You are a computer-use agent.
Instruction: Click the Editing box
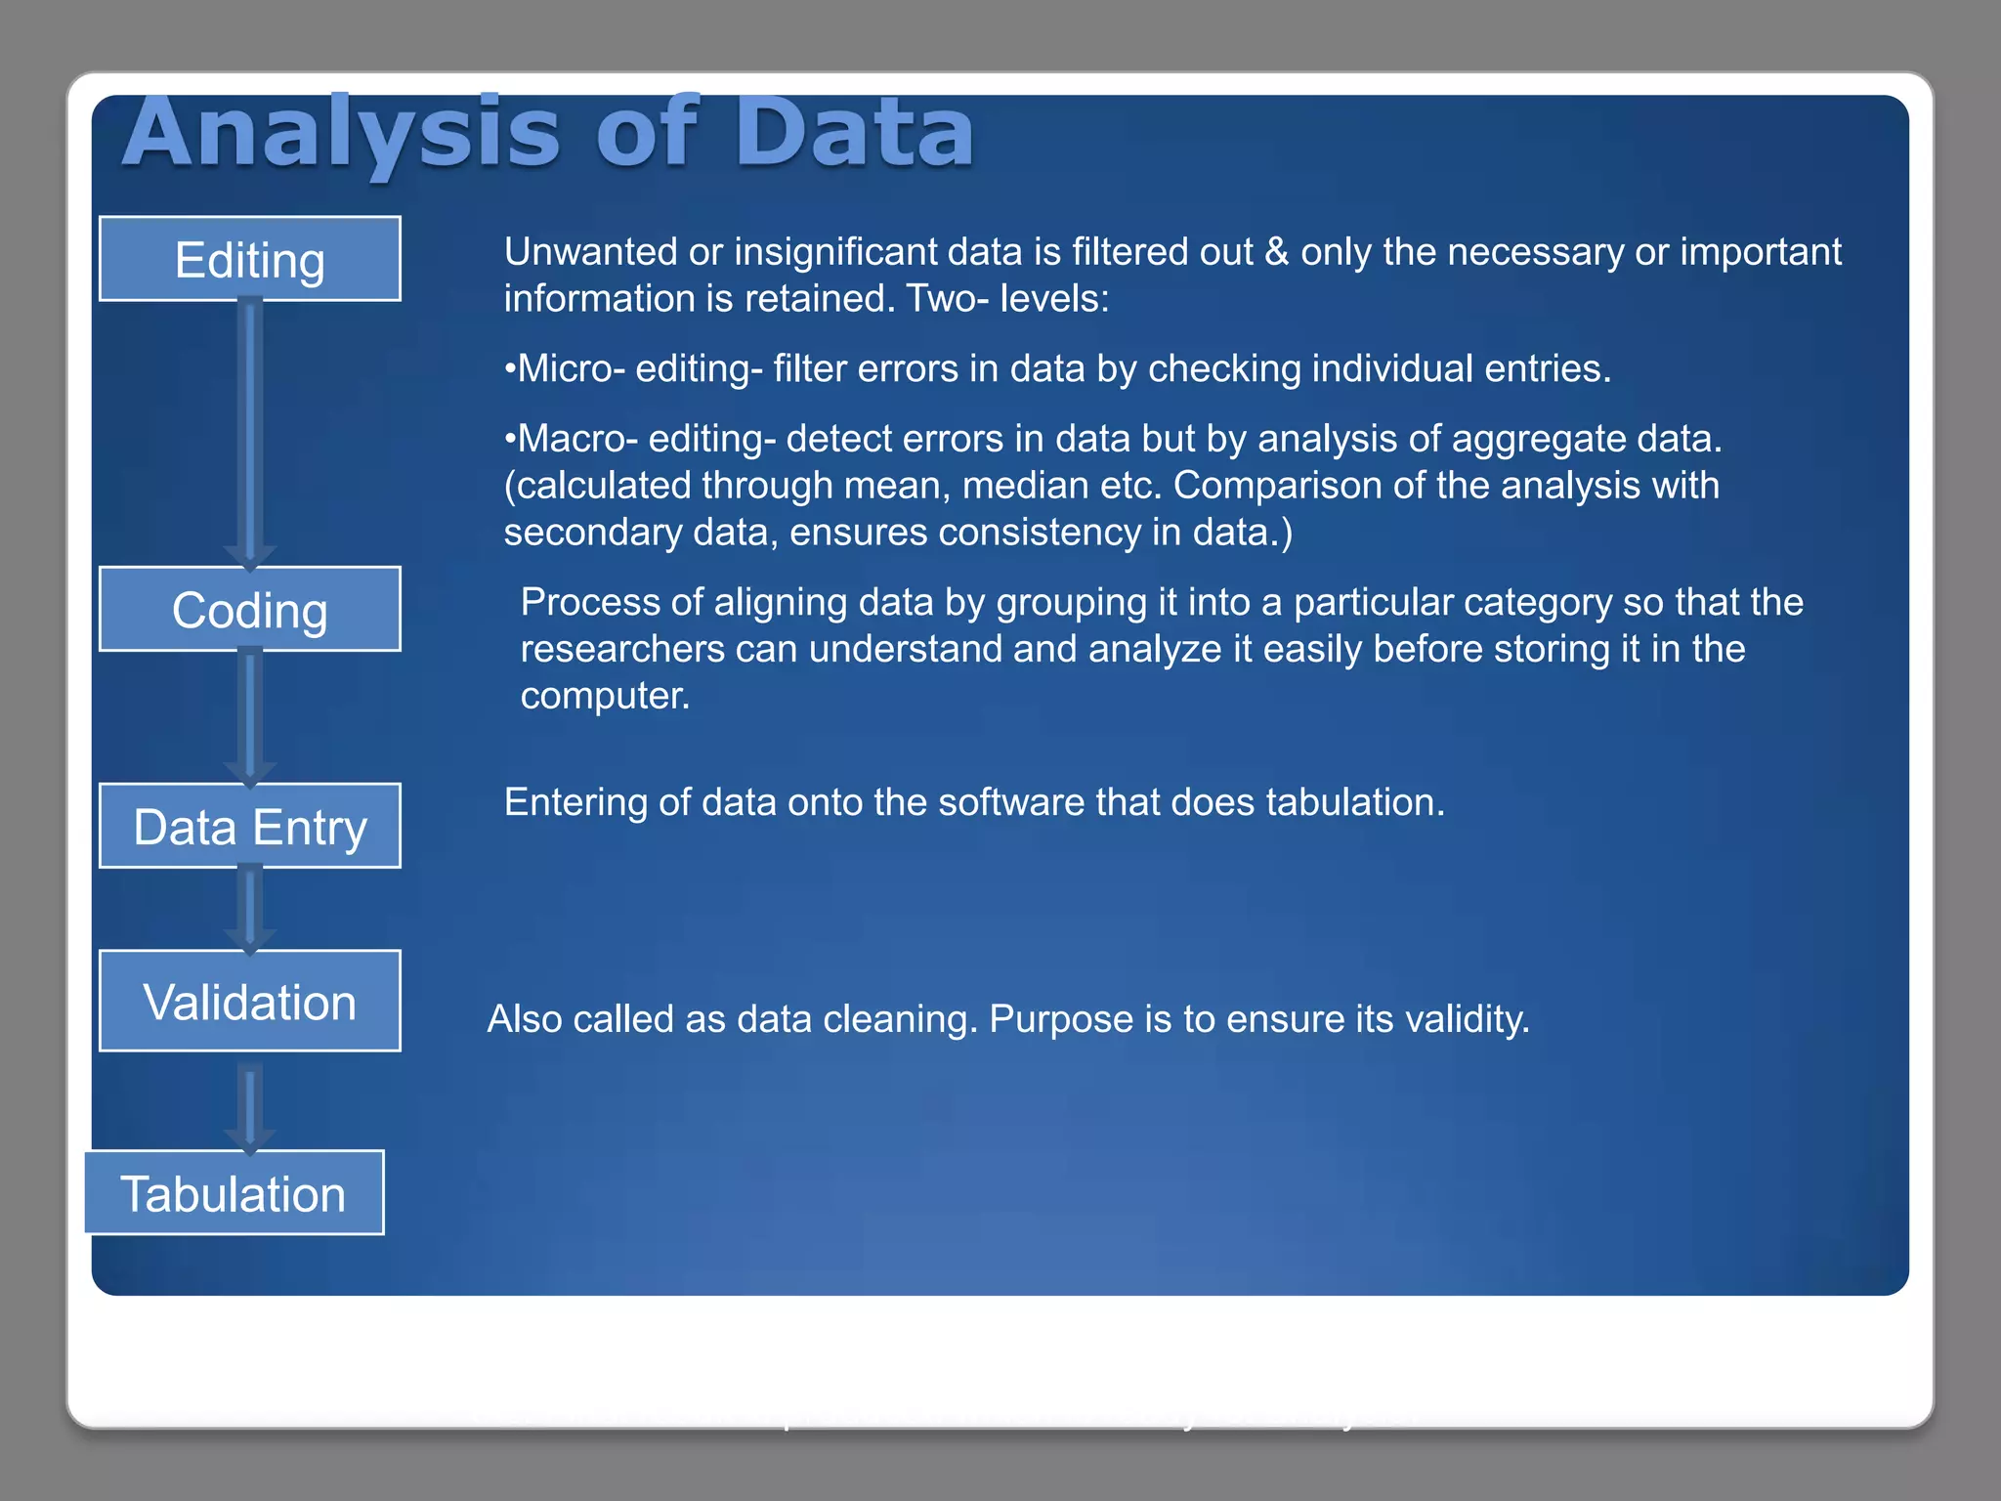(x=249, y=259)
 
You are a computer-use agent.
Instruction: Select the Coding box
(x=249, y=610)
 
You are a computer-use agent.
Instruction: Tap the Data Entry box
(x=249, y=827)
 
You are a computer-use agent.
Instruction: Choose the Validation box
(x=249, y=1002)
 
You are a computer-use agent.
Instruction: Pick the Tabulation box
(x=234, y=1193)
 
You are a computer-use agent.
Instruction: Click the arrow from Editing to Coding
(x=250, y=430)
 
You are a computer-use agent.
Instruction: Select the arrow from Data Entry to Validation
(x=250, y=908)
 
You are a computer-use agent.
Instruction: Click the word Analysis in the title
(x=341, y=134)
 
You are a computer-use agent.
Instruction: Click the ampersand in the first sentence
(x=1276, y=252)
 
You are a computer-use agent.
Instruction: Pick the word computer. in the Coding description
(x=605, y=696)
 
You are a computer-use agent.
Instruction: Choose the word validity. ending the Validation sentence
(x=1467, y=1019)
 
